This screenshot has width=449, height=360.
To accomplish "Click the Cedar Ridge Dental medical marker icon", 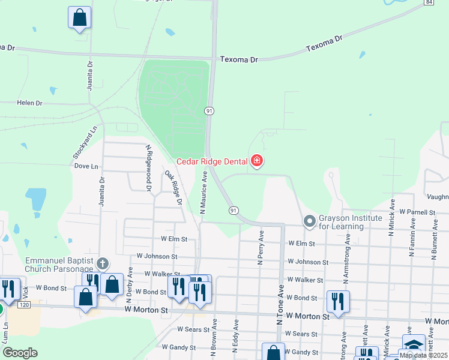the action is (257, 161).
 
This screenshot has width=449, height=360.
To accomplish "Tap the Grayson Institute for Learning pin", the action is (310, 221).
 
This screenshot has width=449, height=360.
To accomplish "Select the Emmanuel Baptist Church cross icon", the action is (103, 263).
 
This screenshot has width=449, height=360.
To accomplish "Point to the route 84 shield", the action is (428, 2).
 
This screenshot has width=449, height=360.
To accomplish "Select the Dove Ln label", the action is (86, 166).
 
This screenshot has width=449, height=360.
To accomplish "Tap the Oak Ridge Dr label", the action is (173, 188).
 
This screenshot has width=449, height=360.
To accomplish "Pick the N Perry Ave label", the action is (261, 247).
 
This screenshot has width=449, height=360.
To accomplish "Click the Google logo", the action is (20, 353).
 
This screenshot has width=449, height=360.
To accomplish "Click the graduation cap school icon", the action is (414, 345).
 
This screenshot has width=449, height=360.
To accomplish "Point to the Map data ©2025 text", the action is (424, 355).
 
